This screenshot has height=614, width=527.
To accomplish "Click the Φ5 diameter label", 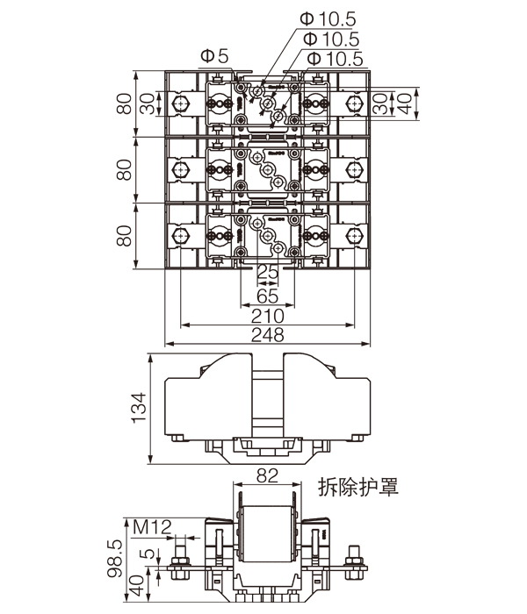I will (213, 57).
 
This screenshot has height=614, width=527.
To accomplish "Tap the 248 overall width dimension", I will (266, 334).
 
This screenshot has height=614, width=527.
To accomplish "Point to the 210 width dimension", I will (266, 314).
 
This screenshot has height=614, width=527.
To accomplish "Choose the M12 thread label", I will (152, 527).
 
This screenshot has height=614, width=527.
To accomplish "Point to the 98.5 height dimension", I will (113, 556).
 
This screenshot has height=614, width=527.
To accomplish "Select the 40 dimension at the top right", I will (405, 103).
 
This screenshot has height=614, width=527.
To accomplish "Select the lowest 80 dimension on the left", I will (122, 237).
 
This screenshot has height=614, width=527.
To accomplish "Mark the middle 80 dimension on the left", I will (122, 169).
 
